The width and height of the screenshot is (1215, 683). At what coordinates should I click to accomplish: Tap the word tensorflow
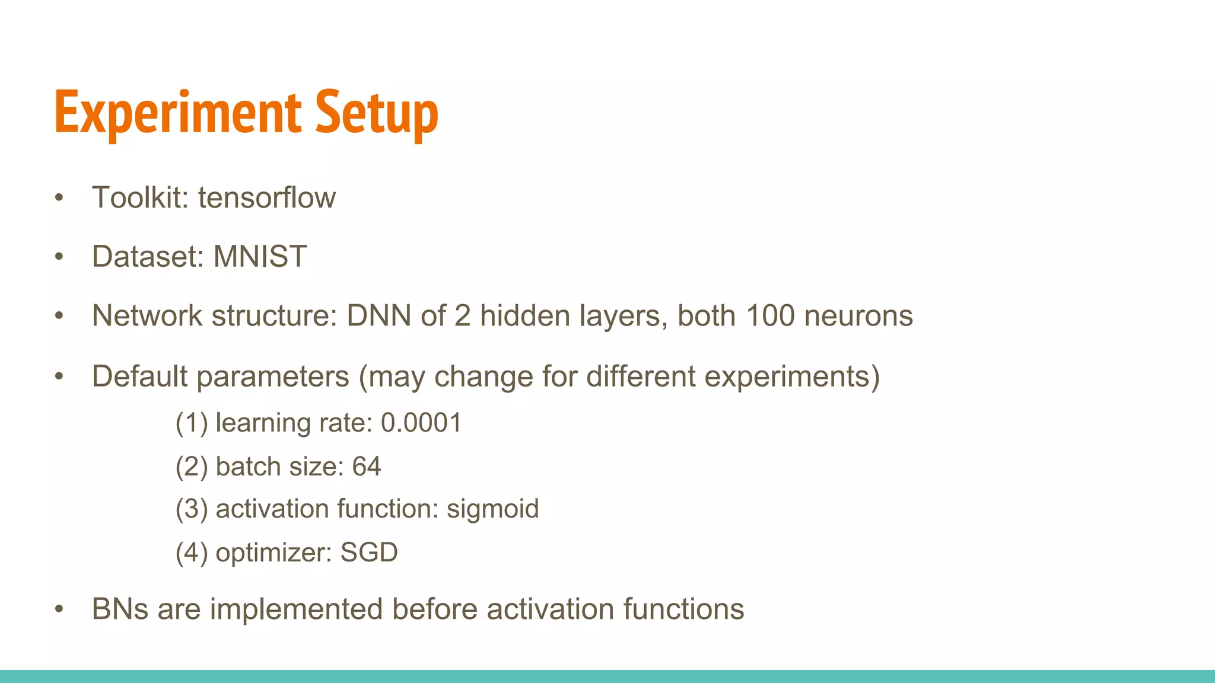(267, 197)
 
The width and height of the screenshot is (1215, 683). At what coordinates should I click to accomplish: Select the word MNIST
(260, 257)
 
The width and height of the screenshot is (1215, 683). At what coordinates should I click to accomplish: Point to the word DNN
(379, 315)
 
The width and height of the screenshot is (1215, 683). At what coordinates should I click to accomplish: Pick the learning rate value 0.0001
(421, 423)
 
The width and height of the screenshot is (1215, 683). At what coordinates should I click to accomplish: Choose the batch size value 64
(367, 467)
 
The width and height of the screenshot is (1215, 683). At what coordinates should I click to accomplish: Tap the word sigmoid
(492, 509)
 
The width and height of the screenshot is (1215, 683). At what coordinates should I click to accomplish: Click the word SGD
(369, 553)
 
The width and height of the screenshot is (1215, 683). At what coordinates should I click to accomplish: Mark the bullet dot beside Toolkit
(59, 198)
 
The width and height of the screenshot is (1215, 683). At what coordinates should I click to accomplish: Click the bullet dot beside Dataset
(59, 257)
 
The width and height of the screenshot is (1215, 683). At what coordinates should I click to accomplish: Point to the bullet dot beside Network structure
(59, 316)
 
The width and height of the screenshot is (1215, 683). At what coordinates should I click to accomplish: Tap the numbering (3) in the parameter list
(192, 509)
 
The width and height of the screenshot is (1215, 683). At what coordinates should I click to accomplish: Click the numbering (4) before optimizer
(192, 553)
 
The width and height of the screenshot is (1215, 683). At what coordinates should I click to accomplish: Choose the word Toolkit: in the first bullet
(140, 197)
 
